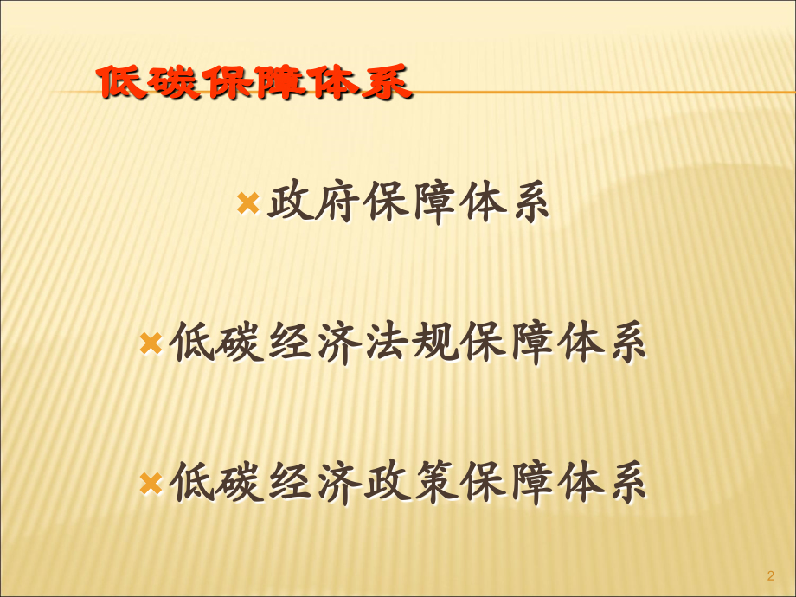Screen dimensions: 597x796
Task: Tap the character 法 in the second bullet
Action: click(382, 343)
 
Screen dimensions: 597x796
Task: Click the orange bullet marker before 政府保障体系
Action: click(247, 204)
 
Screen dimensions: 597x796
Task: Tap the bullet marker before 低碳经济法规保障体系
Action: click(151, 343)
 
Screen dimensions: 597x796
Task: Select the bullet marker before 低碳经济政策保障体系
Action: click(151, 482)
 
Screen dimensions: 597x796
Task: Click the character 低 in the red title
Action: click(121, 84)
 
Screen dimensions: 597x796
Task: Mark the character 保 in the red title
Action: click(225, 84)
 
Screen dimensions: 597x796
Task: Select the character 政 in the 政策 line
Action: click(382, 481)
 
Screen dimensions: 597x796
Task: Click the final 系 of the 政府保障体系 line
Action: click(526, 204)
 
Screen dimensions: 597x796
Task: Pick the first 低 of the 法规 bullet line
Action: click(190, 343)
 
